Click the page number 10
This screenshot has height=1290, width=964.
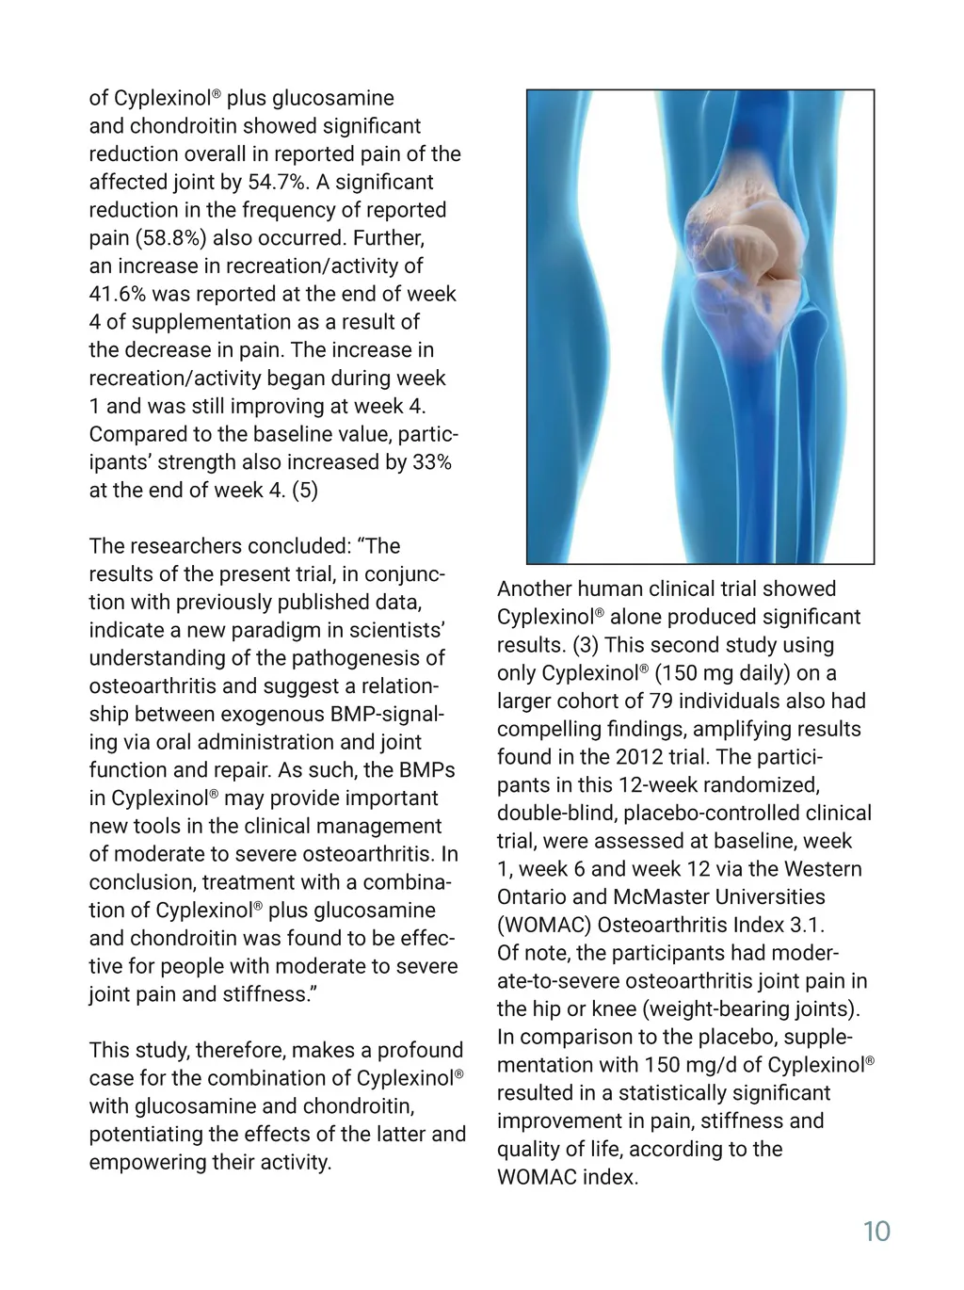pyautogui.click(x=876, y=1232)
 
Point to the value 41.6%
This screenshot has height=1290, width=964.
pyautogui.click(x=118, y=294)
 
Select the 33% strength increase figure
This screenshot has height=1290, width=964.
pyautogui.click(x=432, y=462)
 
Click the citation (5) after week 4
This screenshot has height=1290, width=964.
pyautogui.click(x=305, y=491)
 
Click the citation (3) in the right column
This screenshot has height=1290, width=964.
pyautogui.click(x=585, y=645)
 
